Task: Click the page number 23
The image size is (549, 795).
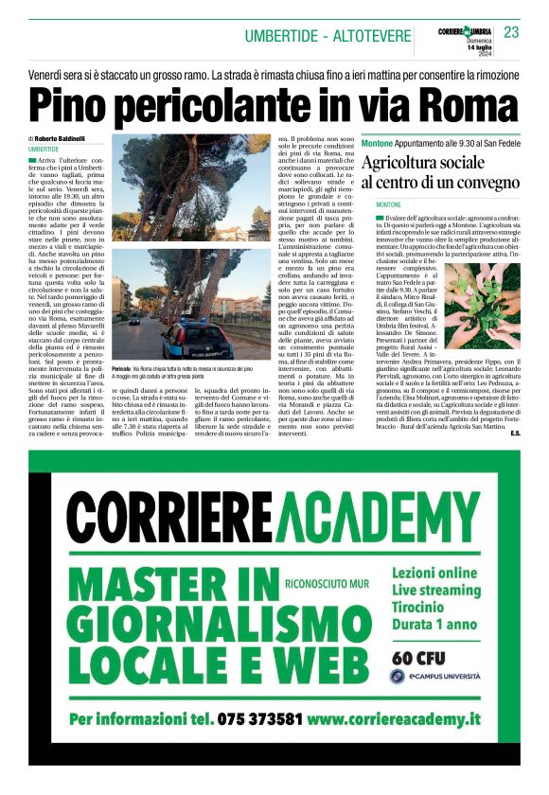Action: coord(511,32)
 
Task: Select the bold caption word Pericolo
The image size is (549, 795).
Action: coord(121,367)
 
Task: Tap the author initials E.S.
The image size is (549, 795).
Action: coord(514,433)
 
